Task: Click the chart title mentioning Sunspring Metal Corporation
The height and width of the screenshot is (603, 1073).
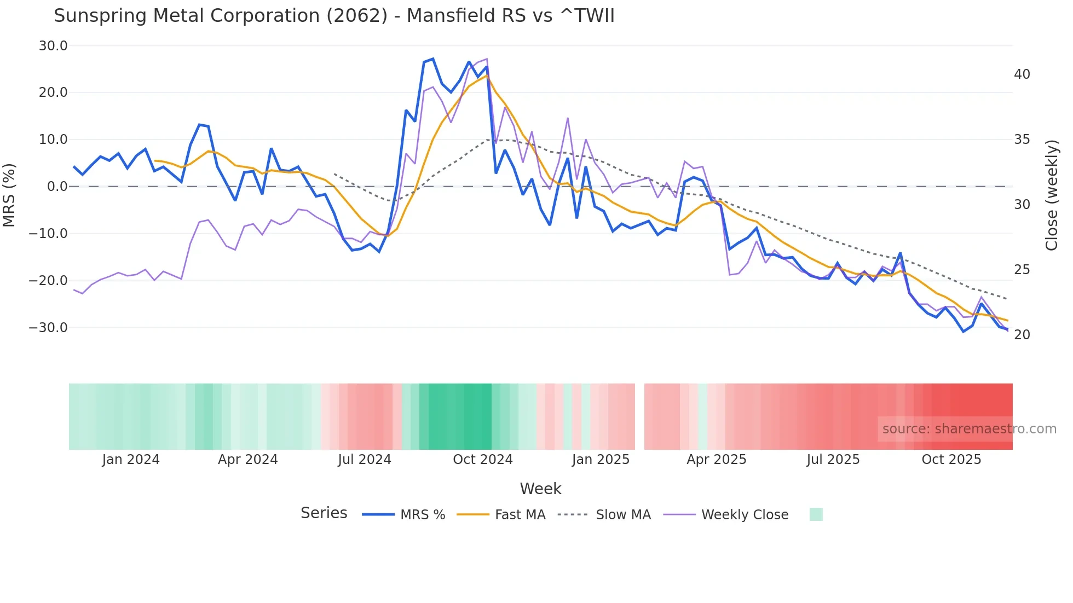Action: [x=334, y=16]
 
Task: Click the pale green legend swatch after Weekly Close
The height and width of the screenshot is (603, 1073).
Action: [x=816, y=514]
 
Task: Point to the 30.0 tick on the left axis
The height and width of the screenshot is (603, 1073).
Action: [x=53, y=46]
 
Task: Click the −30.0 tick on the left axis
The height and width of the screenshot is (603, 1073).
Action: [x=48, y=328]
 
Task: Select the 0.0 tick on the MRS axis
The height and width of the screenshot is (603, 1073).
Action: [x=57, y=187]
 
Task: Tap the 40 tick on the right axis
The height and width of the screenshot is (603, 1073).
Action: [x=1022, y=74]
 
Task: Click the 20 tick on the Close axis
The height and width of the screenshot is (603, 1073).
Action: [x=1022, y=335]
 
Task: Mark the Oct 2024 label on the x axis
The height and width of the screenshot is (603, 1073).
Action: [x=482, y=460]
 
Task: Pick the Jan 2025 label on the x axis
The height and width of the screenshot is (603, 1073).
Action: [x=601, y=460]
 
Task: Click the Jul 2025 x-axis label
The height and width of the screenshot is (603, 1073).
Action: [x=833, y=460]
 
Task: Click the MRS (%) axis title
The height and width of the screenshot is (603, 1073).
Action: [x=9, y=195]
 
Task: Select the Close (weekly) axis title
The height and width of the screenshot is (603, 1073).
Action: [x=1051, y=195]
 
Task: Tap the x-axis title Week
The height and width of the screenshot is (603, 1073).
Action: [x=540, y=489]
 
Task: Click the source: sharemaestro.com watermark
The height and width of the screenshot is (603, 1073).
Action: [x=969, y=429]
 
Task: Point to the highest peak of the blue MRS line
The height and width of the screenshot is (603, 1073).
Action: [x=433, y=59]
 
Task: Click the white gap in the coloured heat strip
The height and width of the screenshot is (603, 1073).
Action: [x=639, y=416]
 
